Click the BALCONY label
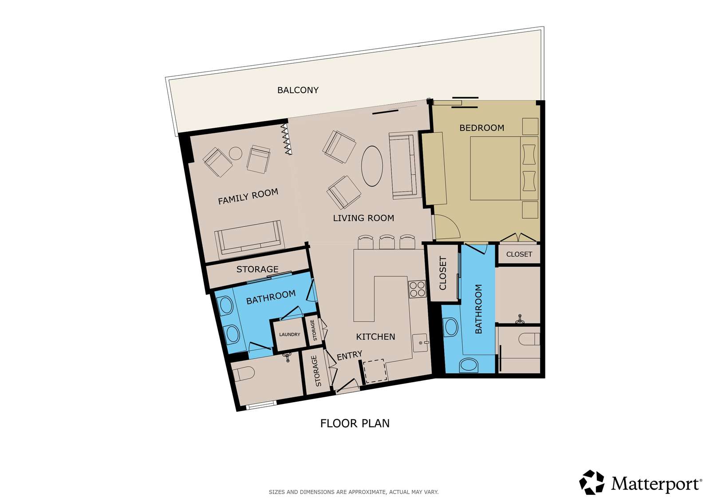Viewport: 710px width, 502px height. (x=298, y=91)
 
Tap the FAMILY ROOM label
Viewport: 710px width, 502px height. (x=248, y=197)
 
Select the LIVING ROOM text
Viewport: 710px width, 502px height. (x=363, y=218)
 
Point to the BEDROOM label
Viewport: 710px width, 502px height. (x=482, y=128)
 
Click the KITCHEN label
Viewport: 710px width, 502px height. (x=375, y=337)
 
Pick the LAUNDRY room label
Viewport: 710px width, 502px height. (x=289, y=334)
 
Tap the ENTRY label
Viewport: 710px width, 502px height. (x=349, y=356)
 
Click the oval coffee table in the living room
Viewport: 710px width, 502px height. (x=372, y=166)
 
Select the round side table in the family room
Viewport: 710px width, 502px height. (x=236, y=154)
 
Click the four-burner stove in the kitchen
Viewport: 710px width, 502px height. (x=417, y=289)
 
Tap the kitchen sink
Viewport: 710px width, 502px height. (x=420, y=343)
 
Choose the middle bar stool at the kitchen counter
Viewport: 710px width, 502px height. (x=387, y=242)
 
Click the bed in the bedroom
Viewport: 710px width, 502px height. (x=504, y=168)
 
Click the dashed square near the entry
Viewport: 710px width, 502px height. (x=375, y=371)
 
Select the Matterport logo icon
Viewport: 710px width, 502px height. (x=592, y=482)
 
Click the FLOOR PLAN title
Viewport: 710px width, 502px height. (x=355, y=423)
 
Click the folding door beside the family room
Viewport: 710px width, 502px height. (x=287, y=139)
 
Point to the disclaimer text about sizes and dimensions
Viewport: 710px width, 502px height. (x=354, y=492)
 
